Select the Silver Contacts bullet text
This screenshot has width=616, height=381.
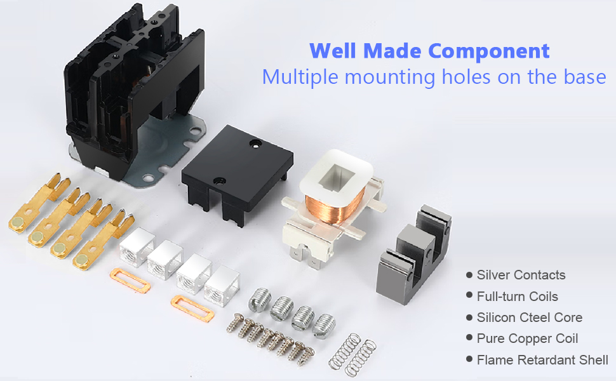coord(521,275)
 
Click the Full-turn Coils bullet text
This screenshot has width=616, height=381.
coord(517,296)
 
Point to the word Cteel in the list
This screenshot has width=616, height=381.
coord(533,317)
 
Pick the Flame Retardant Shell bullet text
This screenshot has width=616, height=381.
coord(542,360)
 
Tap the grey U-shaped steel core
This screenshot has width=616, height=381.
coord(413,254)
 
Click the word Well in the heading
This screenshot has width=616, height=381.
coord(333,51)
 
